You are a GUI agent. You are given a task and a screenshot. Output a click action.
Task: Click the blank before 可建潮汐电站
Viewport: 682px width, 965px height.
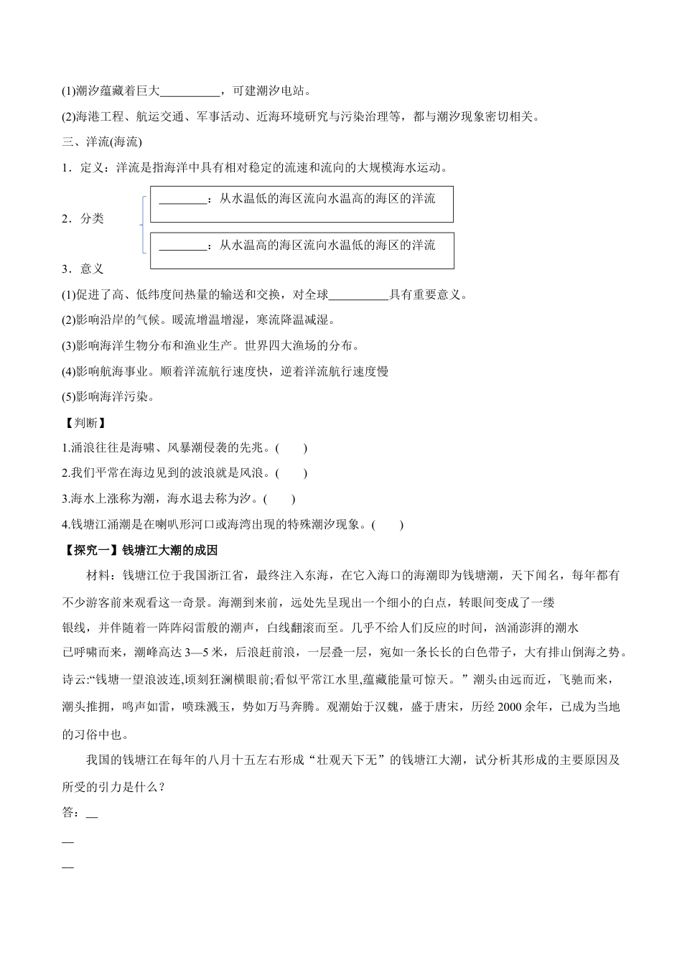coord(190,91)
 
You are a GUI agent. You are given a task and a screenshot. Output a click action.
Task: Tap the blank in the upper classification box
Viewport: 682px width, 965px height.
coord(182,199)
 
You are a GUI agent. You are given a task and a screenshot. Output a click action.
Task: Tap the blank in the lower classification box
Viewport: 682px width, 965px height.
coord(182,246)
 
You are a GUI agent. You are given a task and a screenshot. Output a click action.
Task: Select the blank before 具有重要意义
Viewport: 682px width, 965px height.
coord(358,294)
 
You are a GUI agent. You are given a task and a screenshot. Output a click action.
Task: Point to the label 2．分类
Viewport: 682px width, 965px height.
coord(83,219)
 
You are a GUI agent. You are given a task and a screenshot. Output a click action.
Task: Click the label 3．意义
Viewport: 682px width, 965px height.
coord(83,269)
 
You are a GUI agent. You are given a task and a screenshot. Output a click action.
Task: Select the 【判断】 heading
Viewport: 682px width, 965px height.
coord(84,422)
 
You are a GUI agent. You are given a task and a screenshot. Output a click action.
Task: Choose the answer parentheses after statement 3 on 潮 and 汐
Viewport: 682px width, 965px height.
coord(279,499)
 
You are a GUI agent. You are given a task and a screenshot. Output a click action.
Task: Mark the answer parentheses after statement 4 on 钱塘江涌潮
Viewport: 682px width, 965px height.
coord(388,525)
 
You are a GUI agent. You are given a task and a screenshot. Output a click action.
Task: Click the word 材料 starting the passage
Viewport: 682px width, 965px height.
coord(97,576)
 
